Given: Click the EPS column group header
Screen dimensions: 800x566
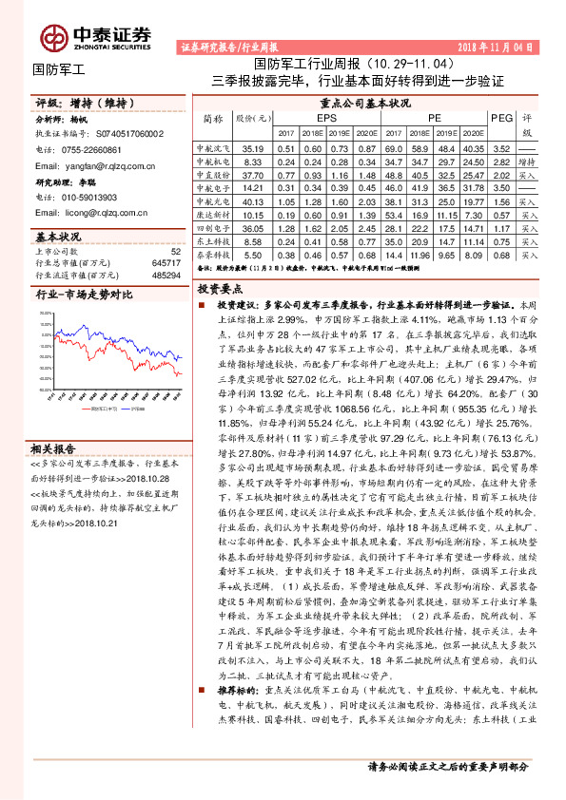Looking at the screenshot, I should coord(327,117).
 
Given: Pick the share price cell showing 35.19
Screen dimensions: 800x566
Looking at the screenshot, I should coord(253,149).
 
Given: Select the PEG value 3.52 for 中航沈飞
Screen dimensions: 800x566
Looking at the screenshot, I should coord(500,149).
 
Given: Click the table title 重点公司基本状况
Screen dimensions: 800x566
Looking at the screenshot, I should coord(365,103).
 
